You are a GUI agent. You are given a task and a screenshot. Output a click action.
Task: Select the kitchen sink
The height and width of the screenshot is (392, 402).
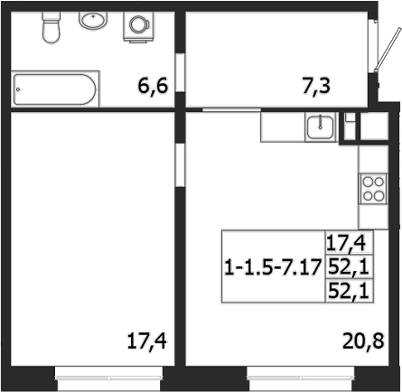pyautogui.click(x=319, y=127)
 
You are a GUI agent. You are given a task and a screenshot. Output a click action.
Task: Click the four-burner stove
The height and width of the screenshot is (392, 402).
pyautogui.click(x=372, y=188)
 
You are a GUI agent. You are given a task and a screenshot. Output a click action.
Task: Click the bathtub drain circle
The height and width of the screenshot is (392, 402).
pyautogui.click(x=21, y=90)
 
